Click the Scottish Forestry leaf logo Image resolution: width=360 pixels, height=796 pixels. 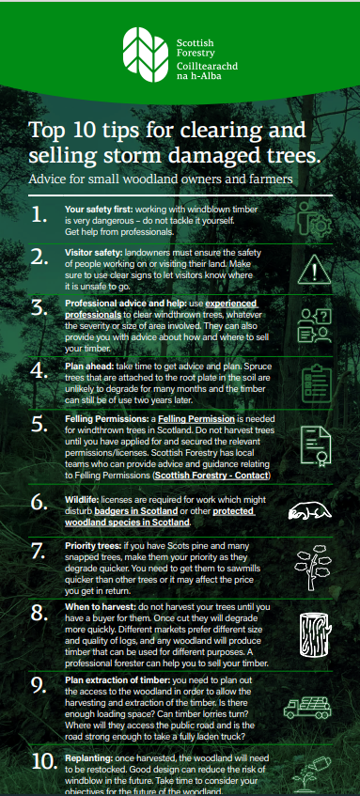[x=146, y=55]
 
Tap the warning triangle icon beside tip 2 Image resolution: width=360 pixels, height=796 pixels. [x=314, y=270]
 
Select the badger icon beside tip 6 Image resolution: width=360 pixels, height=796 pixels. [x=309, y=510]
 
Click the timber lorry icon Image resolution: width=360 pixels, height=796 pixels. [x=307, y=707]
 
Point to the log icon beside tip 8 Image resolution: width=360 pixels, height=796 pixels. [x=315, y=635]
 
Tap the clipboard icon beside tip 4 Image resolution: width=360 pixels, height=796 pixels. [x=317, y=385]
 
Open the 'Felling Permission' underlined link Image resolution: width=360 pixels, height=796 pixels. [x=196, y=419]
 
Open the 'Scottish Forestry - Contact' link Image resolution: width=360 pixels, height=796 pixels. [x=211, y=476]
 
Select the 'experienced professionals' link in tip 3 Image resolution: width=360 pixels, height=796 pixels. [x=162, y=309]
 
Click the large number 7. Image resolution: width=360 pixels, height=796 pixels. [x=39, y=552]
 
